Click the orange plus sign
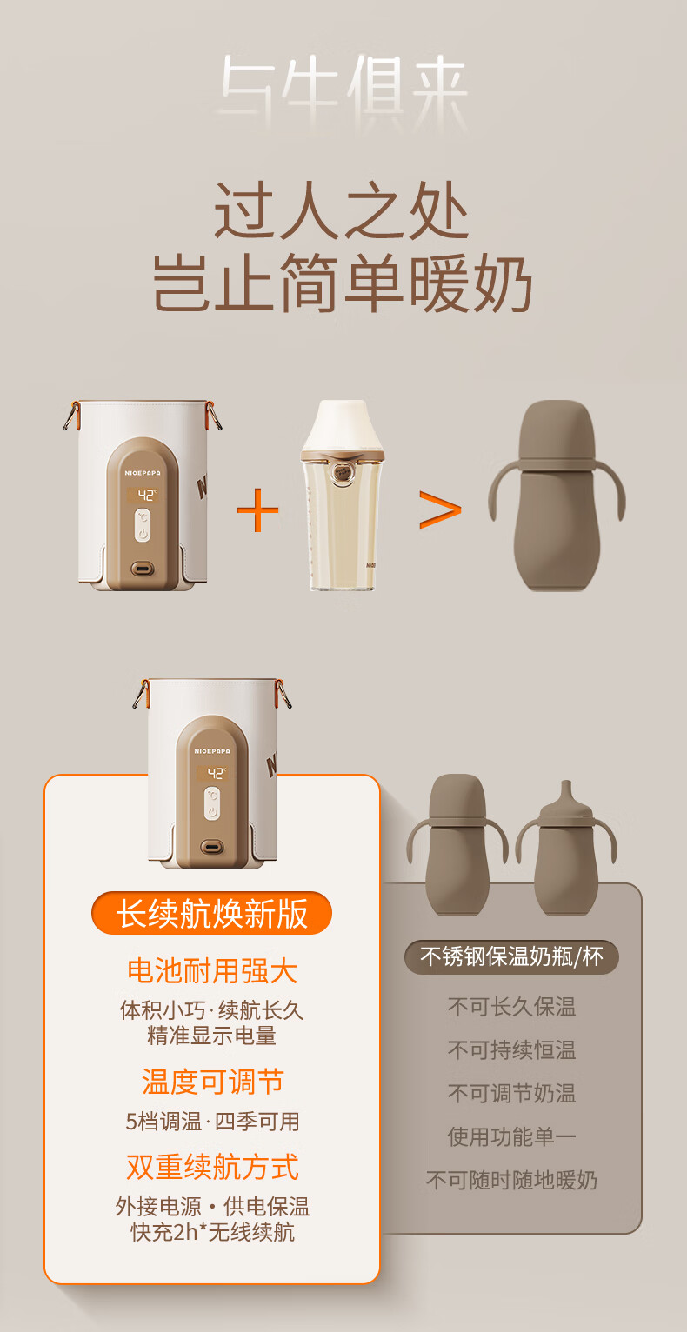(x=257, y=510)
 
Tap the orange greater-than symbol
(x=440, y=509)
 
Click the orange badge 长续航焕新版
(x=211, y=913)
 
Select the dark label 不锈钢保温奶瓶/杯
(x=511, y=956)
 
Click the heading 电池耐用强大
(x=212, y=971)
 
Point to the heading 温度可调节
(x=212, y=1081)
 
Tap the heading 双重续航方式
(x=212, y=1166)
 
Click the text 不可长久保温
(x=511, y=1007)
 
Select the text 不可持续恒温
(x=511, y=1050)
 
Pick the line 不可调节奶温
(x=511, y=1093)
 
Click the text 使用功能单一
(x=511, y=1136)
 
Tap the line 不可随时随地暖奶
(x=511, y=1180)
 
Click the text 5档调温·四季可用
(x=212, y=1122)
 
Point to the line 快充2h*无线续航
(x=212, y=1231)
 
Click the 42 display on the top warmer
(x=143, y=495)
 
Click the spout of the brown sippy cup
(x=565, y=793)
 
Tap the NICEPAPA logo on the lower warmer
(x=211, y=751)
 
